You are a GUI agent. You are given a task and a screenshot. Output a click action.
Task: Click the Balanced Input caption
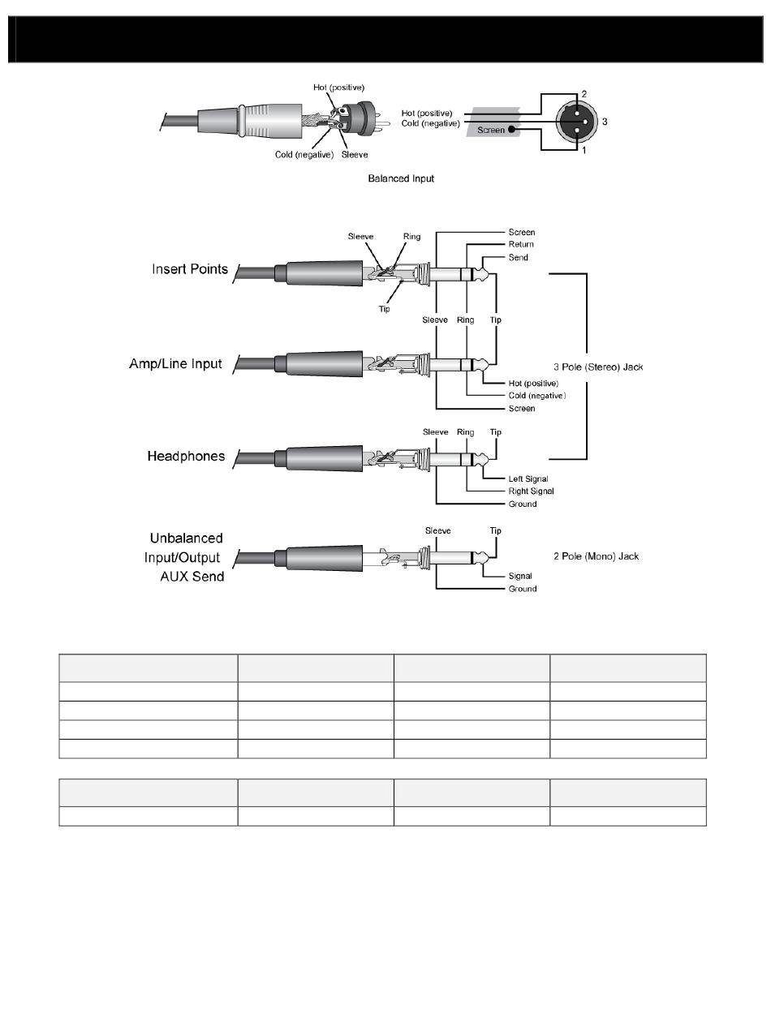click(401, 178)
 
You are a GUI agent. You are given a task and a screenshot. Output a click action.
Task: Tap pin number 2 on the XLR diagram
click(584, 94)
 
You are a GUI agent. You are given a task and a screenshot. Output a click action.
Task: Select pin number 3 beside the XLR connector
click(604, 122)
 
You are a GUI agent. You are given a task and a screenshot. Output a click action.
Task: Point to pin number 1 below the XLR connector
click(584, 150)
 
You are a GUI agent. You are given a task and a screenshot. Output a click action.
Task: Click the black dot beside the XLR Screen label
click(511, 129)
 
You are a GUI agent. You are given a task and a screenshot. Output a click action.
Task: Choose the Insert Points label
click(190, 269)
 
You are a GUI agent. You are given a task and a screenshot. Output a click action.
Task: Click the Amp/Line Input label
click(175, 363)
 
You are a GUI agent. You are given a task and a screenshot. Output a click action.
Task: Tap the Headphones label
click(186, 456)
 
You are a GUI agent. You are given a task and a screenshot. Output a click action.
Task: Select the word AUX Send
click(192, 577)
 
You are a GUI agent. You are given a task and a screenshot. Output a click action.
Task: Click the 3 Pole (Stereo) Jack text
click(598, 367)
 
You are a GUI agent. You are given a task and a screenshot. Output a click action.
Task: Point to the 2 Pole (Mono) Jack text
click(596, 556)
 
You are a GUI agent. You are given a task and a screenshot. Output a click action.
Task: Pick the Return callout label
click(521, 244)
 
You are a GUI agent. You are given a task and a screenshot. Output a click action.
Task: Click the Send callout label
click(519, 257)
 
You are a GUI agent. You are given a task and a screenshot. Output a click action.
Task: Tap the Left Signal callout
click(528, 478)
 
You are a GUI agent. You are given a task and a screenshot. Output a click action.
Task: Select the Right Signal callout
click(532, 491)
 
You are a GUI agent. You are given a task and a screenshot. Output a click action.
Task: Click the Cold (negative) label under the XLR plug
click(304, 155)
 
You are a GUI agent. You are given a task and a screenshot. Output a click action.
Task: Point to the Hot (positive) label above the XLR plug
click(339, 88)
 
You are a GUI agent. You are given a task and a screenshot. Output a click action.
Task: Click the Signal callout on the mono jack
click(520, 576)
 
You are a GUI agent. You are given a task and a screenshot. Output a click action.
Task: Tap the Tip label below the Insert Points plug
click(385, 308)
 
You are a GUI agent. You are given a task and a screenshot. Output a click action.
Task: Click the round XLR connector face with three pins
click(577, 122)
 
